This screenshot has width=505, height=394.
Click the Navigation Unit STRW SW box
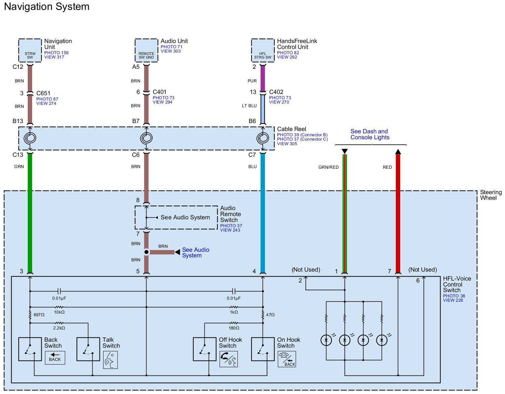point(30,50)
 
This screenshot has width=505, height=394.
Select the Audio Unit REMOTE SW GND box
point(147,50)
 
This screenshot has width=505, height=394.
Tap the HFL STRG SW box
point(263,50)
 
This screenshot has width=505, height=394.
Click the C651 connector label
point(43,93)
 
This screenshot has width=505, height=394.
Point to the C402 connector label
point(276,92)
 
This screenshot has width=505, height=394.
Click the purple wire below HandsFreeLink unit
point(263,78)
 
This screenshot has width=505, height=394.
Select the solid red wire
point(398,212)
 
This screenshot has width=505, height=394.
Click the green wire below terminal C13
point(30,212)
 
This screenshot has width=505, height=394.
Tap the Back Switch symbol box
point(30,349)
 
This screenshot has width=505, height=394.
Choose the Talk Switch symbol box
point(88,349)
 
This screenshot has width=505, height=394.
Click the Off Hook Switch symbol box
point(205,349)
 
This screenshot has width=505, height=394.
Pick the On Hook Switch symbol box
point(263,349)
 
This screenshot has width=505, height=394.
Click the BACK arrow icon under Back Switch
point(55,358)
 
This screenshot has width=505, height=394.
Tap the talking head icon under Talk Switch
point(110,360)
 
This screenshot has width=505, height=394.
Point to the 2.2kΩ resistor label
point(59,328)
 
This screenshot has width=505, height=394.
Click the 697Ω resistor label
point(39,315)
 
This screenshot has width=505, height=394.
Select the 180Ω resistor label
point(234,328)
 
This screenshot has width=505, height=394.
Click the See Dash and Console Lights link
point(370,134)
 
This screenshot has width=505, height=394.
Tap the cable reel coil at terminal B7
point(147,138)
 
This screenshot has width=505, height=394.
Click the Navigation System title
point(47,7)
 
